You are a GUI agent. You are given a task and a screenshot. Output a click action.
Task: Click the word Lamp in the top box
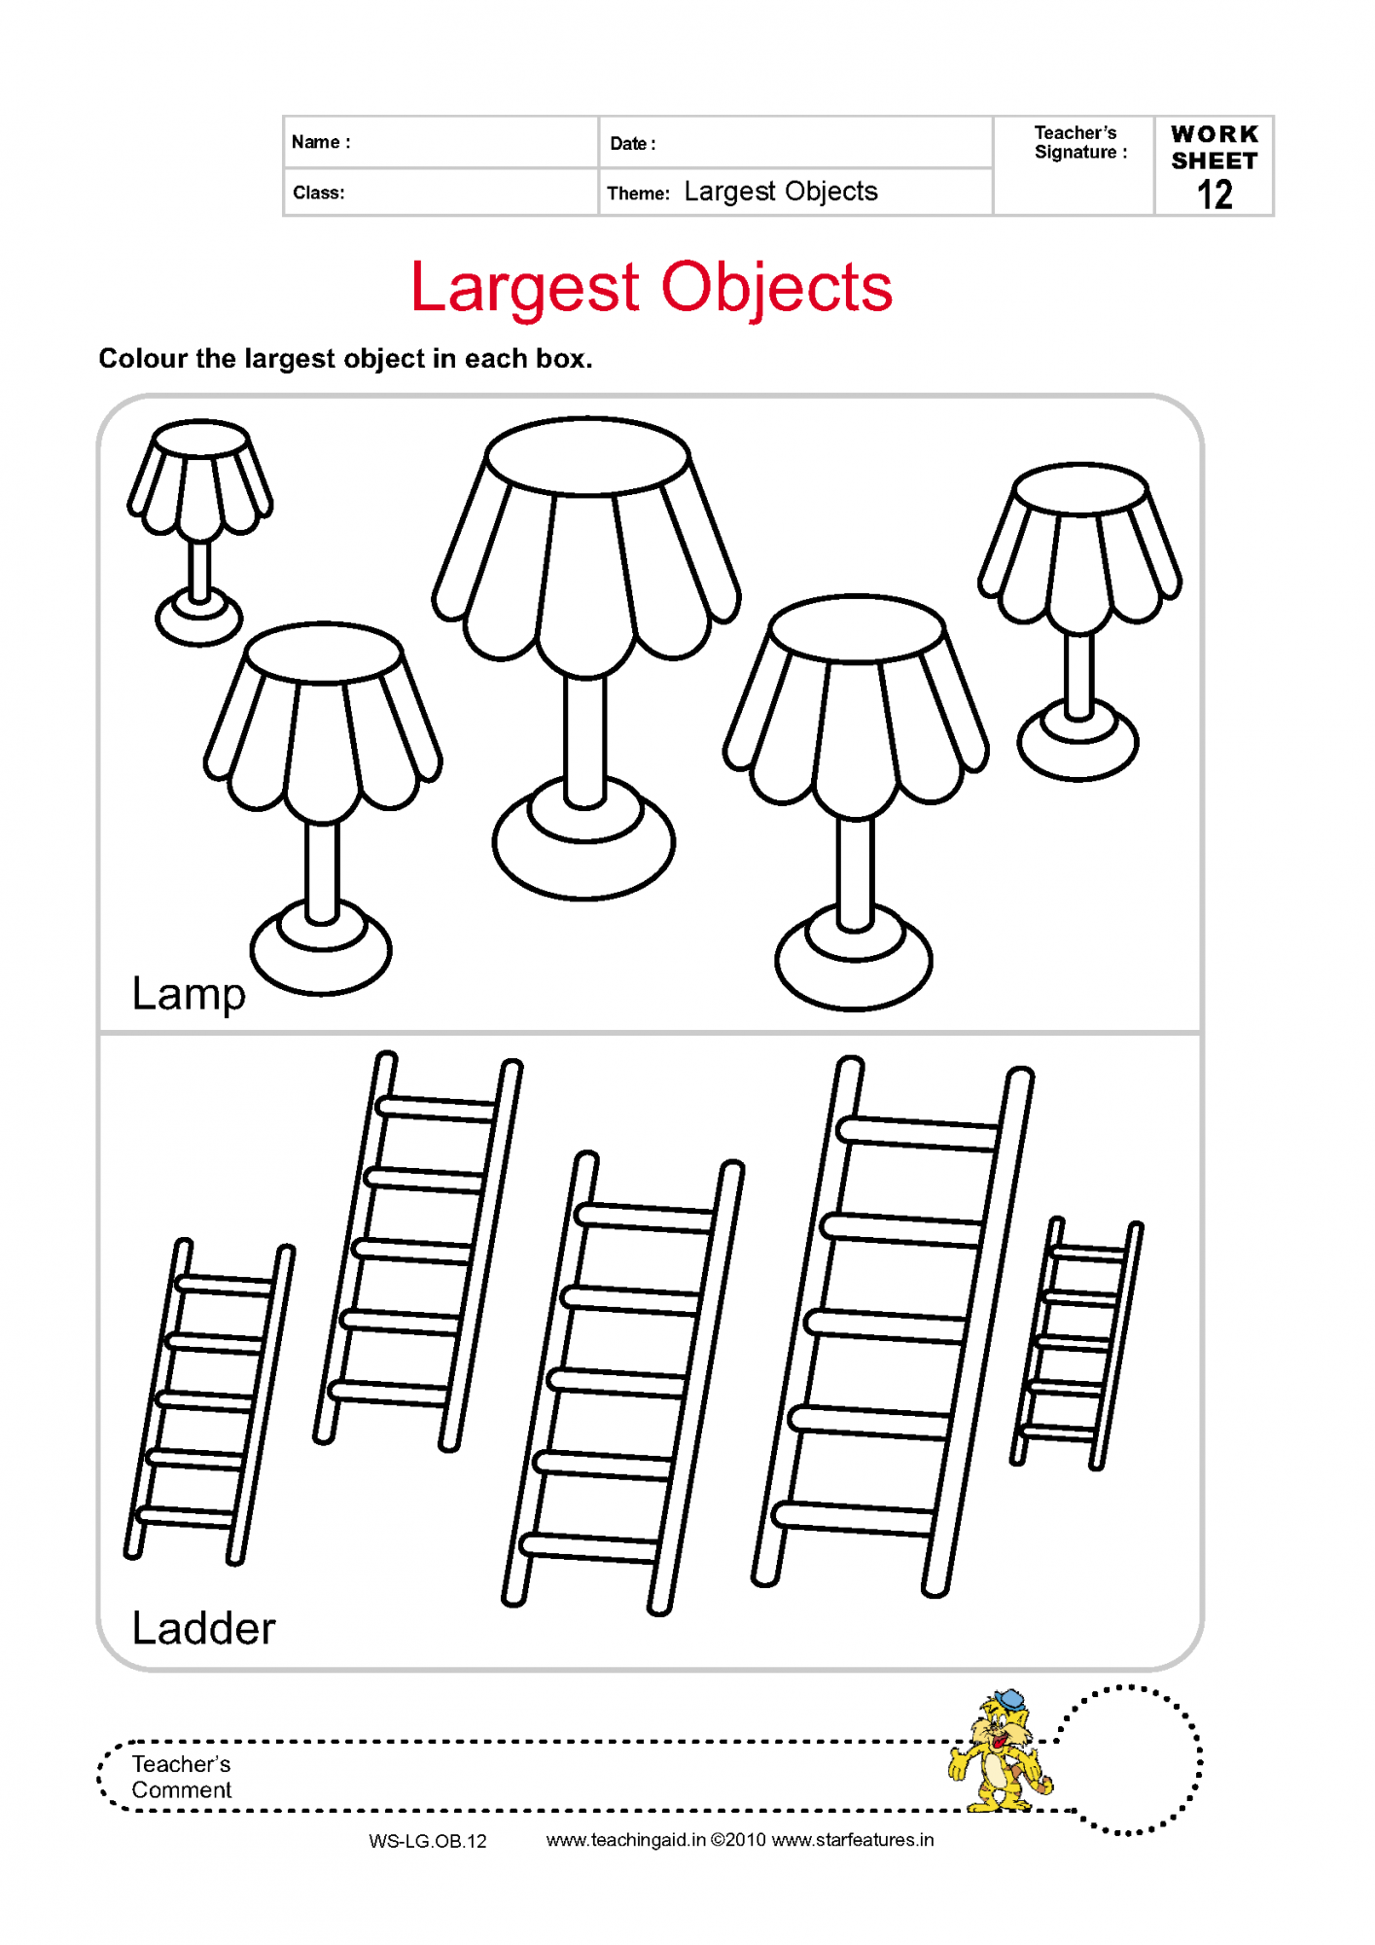click(189, 995)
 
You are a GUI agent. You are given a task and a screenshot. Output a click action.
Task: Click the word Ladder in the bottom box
click(203, 1628)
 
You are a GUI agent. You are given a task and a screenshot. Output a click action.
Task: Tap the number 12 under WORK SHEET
click(1215, 194)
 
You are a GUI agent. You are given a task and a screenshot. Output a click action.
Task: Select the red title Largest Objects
click(651, 288)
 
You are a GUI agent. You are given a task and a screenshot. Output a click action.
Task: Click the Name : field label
click(321, 142)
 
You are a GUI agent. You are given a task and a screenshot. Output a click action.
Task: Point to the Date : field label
click(633, 144)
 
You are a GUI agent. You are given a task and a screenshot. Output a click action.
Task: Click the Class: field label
click(319, 193)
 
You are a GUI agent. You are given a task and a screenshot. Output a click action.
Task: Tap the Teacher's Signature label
click(1080, 142)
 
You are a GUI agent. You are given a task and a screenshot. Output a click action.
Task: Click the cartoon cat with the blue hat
click(1000, 1750)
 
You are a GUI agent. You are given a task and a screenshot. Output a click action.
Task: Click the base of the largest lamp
click(583, 838)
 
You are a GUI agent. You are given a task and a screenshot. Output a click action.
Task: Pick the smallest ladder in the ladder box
click(1076, 1343)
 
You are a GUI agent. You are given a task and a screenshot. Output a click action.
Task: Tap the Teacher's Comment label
click(182, 1777)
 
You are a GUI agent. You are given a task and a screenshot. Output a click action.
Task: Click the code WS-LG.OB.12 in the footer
click(428, 1841)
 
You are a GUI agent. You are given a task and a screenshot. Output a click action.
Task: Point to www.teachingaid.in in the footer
click(626, 1840)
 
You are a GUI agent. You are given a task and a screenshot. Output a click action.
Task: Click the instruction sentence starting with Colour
click(345, 359)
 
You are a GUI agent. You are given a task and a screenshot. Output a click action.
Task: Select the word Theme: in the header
click(638, 194)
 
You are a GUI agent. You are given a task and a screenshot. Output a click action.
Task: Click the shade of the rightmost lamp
click(1079, 548)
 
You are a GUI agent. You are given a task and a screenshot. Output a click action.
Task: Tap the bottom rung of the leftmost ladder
click(186, 1515)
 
